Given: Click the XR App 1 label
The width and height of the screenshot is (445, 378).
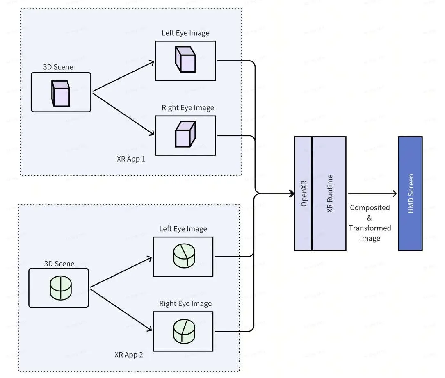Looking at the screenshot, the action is coord(131,159).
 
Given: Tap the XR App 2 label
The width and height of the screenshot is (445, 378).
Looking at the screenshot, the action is coord(128,355).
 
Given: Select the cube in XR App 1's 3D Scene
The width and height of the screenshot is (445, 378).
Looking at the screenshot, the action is coord(60,93).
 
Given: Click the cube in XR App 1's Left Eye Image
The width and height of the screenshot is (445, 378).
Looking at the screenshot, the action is coord(185,59).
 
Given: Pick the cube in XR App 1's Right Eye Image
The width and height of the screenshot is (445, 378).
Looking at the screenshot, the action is coord(185,134).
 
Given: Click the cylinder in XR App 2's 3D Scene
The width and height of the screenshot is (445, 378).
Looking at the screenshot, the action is coord(61,288).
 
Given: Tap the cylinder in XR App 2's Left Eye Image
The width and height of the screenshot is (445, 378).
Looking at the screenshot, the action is coord(184,255).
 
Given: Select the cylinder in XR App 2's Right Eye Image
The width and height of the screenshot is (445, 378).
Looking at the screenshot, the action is coord(184,331).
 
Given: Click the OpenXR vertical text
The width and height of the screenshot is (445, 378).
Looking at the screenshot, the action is coord(304,194).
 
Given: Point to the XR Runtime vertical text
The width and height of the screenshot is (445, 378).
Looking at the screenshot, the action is coord(329,194).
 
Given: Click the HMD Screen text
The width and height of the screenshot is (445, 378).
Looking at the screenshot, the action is coord(411,194).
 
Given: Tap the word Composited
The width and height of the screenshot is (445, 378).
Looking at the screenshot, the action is coord(370,208).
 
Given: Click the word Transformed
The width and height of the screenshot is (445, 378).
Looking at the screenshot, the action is coord(370,228).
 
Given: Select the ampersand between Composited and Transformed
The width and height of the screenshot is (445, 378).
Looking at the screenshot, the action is coord(369,218).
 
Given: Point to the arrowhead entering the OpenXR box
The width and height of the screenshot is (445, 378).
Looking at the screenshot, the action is coord(292,194).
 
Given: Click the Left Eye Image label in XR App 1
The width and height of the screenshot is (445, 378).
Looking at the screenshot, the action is coord(186,33).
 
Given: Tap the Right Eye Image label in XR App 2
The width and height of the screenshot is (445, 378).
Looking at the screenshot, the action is coord(186,304).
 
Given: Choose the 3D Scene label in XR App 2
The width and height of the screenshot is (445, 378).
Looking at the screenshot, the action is coord(59,264).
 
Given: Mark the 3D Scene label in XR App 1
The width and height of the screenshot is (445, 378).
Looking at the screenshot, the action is coord(58,67).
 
